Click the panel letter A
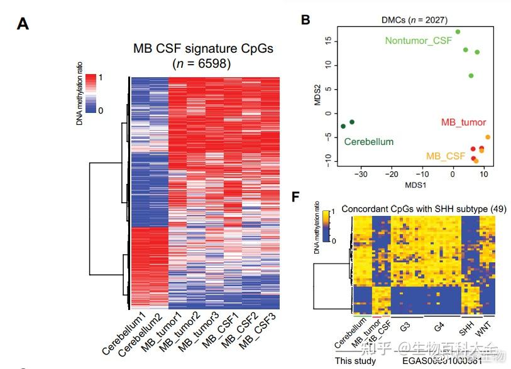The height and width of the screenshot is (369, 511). [23, 24]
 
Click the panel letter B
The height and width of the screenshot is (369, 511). [305, 19]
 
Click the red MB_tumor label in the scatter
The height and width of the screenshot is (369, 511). [463, 122]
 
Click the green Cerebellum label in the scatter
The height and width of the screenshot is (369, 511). [369, 142]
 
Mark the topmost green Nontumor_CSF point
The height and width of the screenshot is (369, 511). [458, 31]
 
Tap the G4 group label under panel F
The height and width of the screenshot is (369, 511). [439, 327]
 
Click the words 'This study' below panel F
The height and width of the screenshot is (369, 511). [355, 360]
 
